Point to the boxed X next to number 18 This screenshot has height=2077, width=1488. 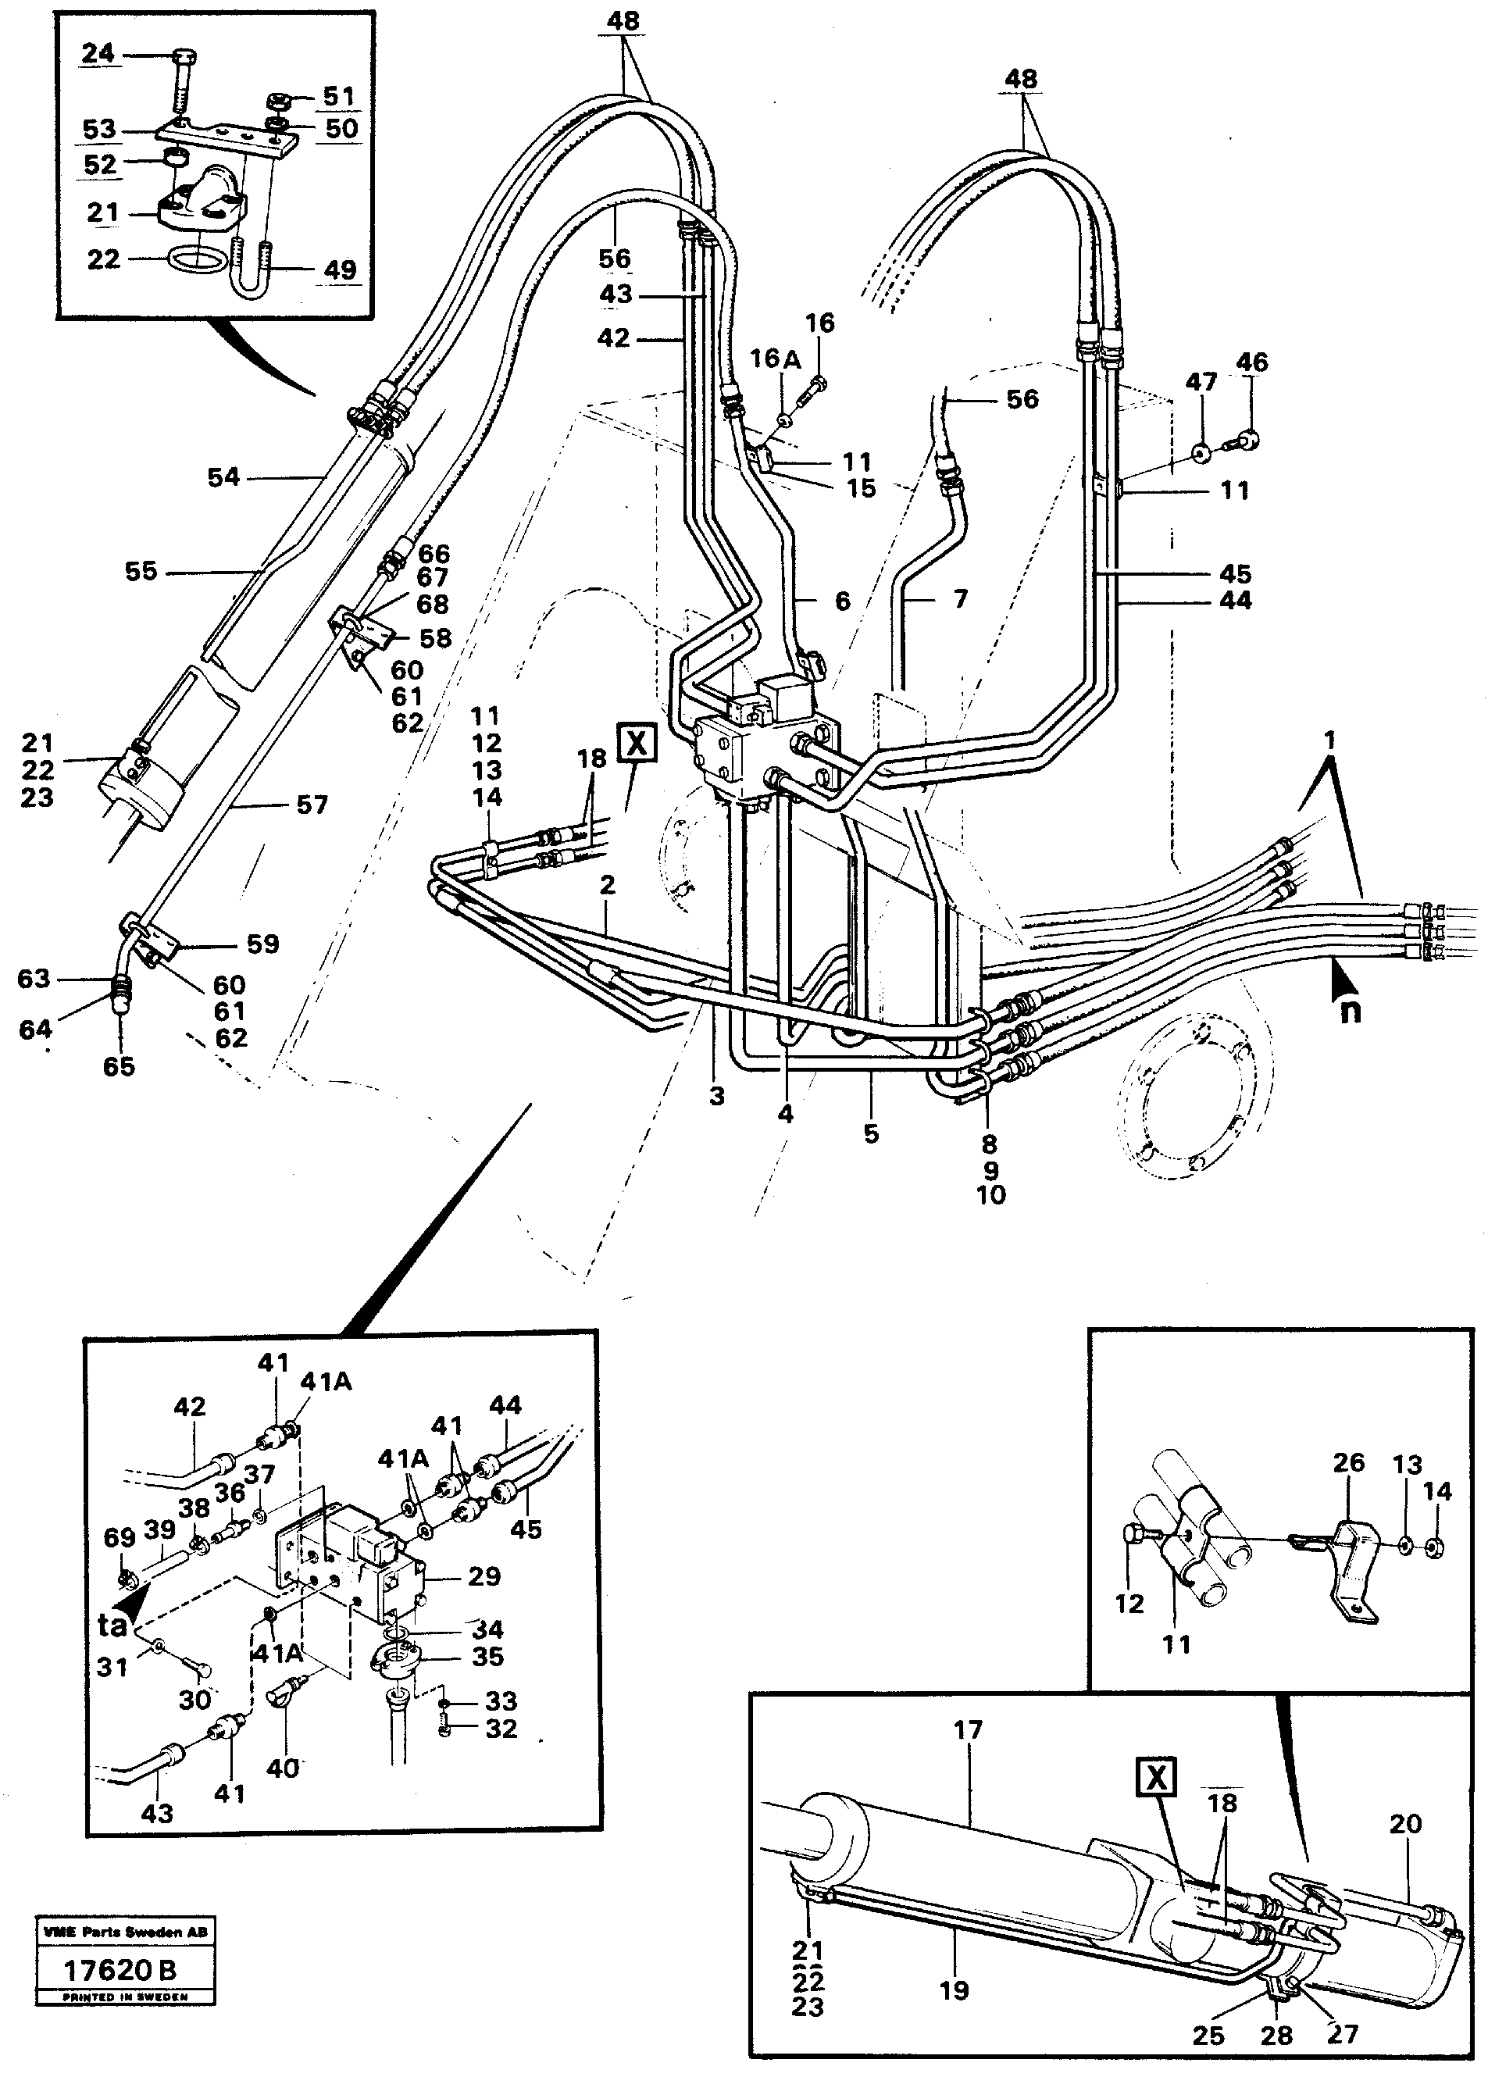[636, 742]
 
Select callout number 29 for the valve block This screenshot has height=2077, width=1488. [484, 1576]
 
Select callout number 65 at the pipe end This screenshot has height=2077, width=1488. [119, 1066]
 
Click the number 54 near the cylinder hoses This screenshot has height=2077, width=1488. [223, 477]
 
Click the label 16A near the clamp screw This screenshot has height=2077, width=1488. [775, 359]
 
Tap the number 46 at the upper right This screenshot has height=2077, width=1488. [1252, 362]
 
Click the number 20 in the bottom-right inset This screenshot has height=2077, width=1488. [1404, 1824]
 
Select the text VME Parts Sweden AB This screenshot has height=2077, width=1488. [124, 1933]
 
